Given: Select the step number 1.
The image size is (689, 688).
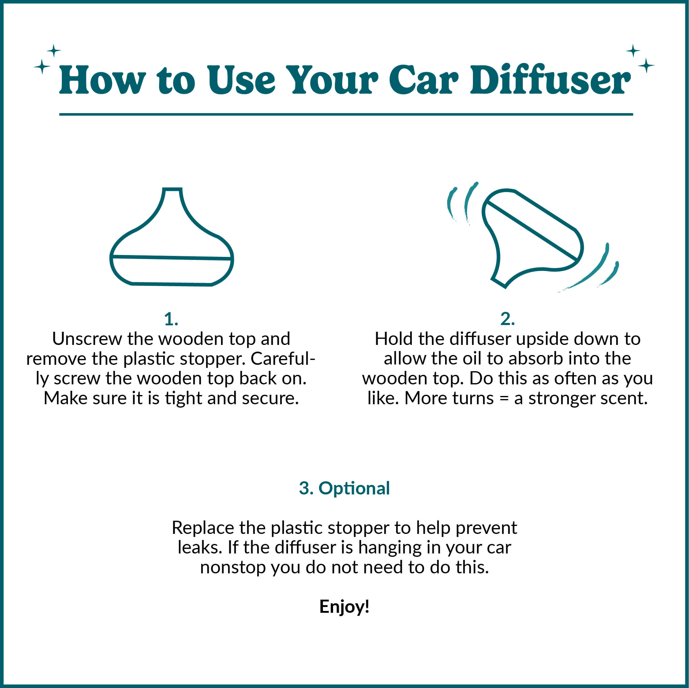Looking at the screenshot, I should point(171,319).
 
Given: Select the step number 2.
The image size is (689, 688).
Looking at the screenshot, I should point(507,319).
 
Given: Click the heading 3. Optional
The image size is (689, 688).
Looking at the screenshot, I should point(344,488).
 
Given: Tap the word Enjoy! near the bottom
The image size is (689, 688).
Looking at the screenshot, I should point(344,606).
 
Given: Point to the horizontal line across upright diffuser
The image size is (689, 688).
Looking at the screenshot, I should point(171,257).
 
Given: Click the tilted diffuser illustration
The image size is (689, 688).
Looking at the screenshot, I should point(531,237).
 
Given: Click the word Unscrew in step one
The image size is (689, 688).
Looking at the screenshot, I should point(87,339).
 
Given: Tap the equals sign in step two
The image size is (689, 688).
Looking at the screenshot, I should point(504,398).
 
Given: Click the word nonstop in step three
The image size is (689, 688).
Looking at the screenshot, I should point(232,567).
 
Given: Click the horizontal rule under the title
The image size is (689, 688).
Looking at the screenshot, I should point(346,114).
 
